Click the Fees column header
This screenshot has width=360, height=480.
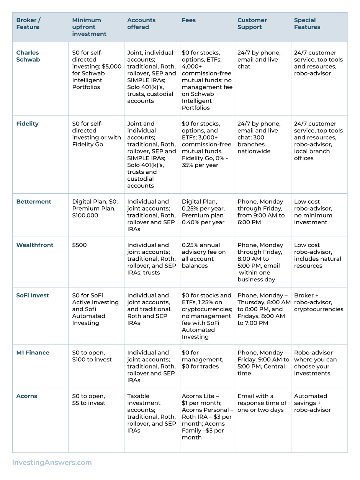click(188, 20)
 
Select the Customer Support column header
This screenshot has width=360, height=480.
click(252, 24)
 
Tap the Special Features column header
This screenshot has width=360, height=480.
click(307, 24)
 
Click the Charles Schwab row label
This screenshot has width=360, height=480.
click(28, 56)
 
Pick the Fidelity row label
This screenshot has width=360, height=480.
click(27, 124)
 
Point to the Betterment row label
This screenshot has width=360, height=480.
click(34, 202)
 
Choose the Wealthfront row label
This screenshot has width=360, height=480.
click(35, 245)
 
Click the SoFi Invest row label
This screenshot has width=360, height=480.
click(33, 296)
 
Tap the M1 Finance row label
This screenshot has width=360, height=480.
click(33, 353)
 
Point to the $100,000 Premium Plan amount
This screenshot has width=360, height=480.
click(85, 216)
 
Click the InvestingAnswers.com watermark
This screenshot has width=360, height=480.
click(52, 462)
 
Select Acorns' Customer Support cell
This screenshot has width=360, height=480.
click(262, 403)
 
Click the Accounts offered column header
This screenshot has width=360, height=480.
click(141, 24)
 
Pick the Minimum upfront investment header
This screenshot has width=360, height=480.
click(89, 27)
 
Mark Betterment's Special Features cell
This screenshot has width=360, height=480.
click(313, 212)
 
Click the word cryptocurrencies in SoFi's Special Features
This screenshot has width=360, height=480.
click(319, 309)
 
